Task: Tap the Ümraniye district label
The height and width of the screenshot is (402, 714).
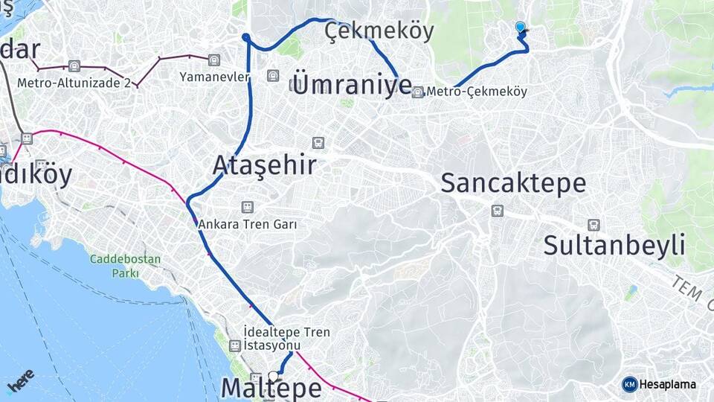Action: click(x=353, y=83)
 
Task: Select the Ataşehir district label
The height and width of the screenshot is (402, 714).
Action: click(x=265, y=165)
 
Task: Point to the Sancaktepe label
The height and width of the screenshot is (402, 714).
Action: click(x=513, y=182)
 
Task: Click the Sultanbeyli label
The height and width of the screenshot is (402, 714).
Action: click(x=614, y=245)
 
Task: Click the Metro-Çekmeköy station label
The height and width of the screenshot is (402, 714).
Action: click(x=477, y=92)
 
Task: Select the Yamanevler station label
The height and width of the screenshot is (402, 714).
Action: click(x=214, y=76)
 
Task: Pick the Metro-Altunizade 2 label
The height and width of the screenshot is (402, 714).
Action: click(x=74, y=83)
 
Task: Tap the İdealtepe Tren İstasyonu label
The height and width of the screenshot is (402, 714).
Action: click(x=286, y=339)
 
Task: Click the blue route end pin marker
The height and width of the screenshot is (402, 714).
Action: click(x=520, y=28)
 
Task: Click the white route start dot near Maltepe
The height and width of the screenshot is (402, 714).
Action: click(x=274, y=376)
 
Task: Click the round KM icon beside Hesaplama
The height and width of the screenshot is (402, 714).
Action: click(x=630, y=384)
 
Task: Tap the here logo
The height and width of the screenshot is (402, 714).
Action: click(x=20, y=380)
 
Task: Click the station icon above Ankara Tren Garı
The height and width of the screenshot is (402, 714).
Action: click(x=246, y=207)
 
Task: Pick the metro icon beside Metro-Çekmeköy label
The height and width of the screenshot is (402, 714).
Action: click(x=418, y=92)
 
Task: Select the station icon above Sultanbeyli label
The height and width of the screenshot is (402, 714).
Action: click(x=593, y=225)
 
